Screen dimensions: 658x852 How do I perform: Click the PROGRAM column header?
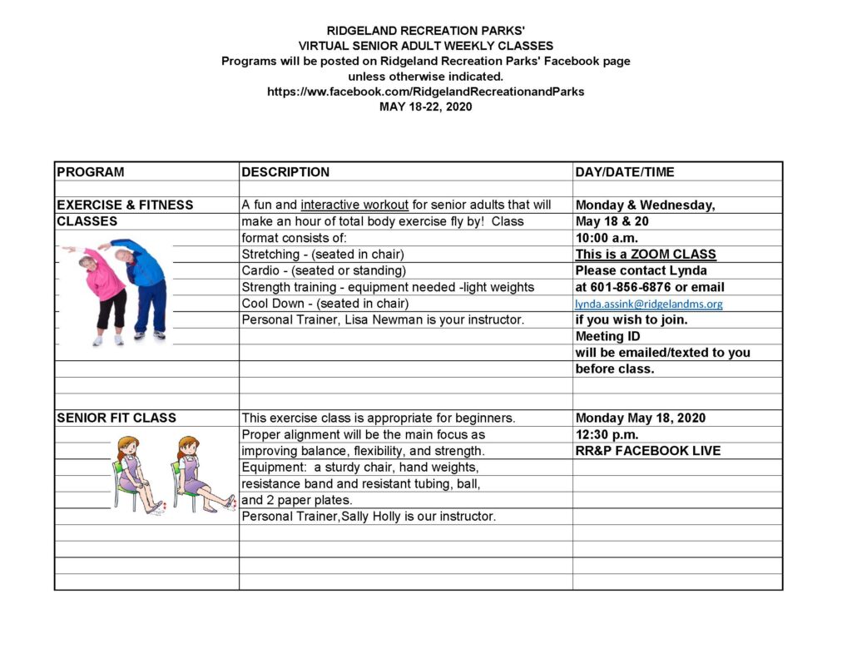pos(91,172)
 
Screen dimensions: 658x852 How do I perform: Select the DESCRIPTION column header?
pos(285,172)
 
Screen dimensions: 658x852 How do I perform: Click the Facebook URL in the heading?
pos(425,92)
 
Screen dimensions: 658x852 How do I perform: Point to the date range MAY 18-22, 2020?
pos(425,106)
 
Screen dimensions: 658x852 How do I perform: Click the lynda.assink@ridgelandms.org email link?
pos(649,304)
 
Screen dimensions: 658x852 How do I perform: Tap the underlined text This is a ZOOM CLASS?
pos(646,255)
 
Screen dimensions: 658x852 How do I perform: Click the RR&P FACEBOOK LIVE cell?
pos(648,451)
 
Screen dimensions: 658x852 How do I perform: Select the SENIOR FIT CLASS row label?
pos(116,418)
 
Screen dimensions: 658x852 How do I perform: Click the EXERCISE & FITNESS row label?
pos(125,205)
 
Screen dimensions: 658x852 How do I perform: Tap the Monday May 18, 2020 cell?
pos(641,418)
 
